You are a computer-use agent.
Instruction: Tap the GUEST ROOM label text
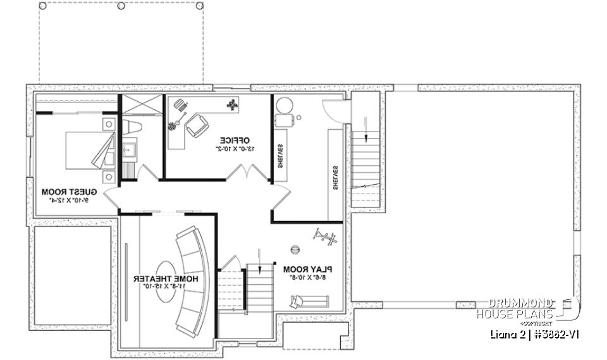point(68,191)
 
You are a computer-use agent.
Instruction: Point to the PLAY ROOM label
point(307,268)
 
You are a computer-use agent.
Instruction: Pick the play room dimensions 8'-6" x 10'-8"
point(307,276)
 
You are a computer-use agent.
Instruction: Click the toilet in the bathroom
point(132,127)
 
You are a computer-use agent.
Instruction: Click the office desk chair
point(197,125)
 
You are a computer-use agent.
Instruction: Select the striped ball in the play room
point(295,248)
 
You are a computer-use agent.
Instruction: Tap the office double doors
point(243,172)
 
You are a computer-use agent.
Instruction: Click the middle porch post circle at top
point(121,6)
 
